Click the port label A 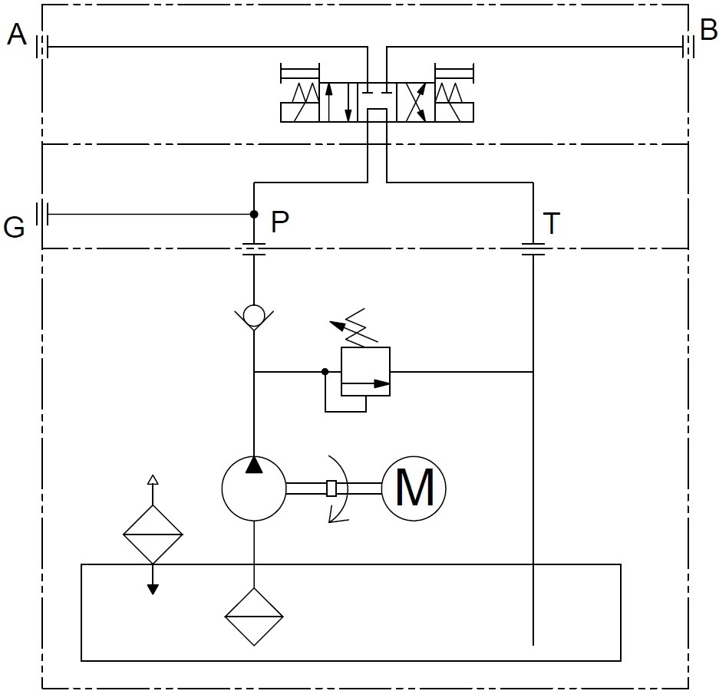pyautogui.click(x=17, y=35)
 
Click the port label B pyautogui.click(x=707, y=31)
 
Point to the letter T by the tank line pyautogui.click(x=551, y=224)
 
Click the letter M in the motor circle pyautogui.click(x=414, y=488)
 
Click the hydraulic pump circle pyautogui.click(x=253, y=488)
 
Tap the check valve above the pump pyautogui.click(x=253, y=314)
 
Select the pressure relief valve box pyautogui.click(x=365, y=371)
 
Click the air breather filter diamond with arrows pyautogui.click(x=153, y=534)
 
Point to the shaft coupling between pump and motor pyautogui.click(x=331, y=488)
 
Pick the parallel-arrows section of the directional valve pyautogui.click(x=338, y=102)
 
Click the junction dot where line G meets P pyautogui.click(x=253, y=214)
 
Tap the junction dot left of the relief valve pyautogui.click(x=325, y=372)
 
